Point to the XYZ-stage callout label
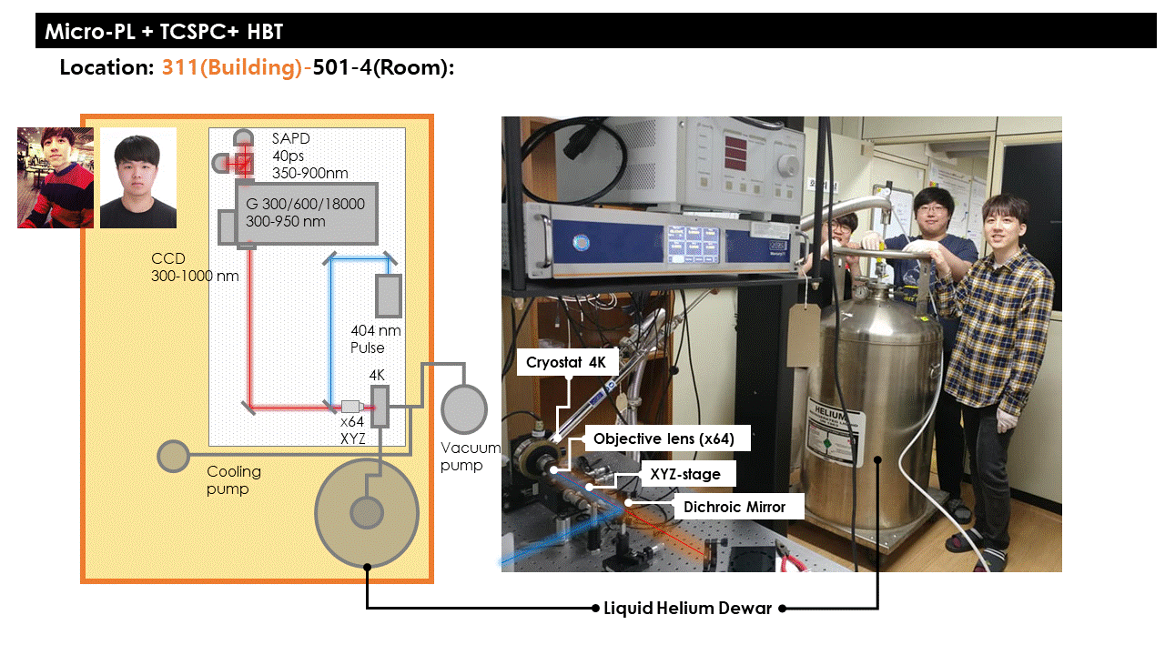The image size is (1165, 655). (x=684, y=474)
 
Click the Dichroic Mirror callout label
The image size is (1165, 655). (x=734, y=507)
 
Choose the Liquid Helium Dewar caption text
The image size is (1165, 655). (x=687, y=608)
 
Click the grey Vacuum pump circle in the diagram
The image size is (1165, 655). (x=464, y=409)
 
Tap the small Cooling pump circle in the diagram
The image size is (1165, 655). (x=173, y=455)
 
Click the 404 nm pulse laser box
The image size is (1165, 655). (x=389, y=295)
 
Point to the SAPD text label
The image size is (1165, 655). (x=290, y=138)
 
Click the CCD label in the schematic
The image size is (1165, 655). (x=168, y=259)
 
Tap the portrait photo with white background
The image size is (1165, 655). (x=137, y=177)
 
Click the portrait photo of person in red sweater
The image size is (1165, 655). (x=56, y=177)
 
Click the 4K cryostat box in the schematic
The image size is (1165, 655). (x=380, y=406)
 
